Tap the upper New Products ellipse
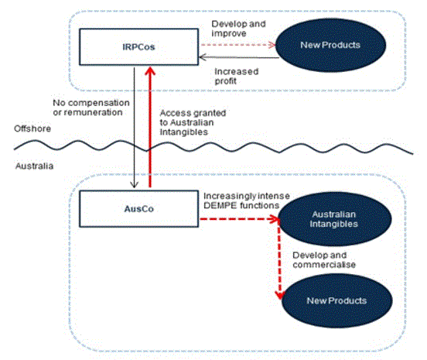click(x=330, y=45)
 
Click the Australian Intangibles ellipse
click(x=334, y=219)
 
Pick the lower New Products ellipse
click(x=336, y=300)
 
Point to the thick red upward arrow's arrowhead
click(x=150, y=71)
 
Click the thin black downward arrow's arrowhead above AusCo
click(x=134, y=184)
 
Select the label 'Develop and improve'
click(x=238, y=29)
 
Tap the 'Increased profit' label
click(x=237, y=77)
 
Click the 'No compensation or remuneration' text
click(x=91, y=108)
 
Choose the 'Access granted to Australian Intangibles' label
click(x=193, y=122)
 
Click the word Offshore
click(x=32, y=129)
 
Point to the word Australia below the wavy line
click(x=34, y=166)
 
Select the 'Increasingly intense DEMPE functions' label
click(x=247, y=201)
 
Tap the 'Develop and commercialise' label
click(x=324, y=260)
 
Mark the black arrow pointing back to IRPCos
click(x=239, y=57)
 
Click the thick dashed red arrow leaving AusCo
click(x=239, y=219)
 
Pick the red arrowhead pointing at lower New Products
click(x=280, y=296)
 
